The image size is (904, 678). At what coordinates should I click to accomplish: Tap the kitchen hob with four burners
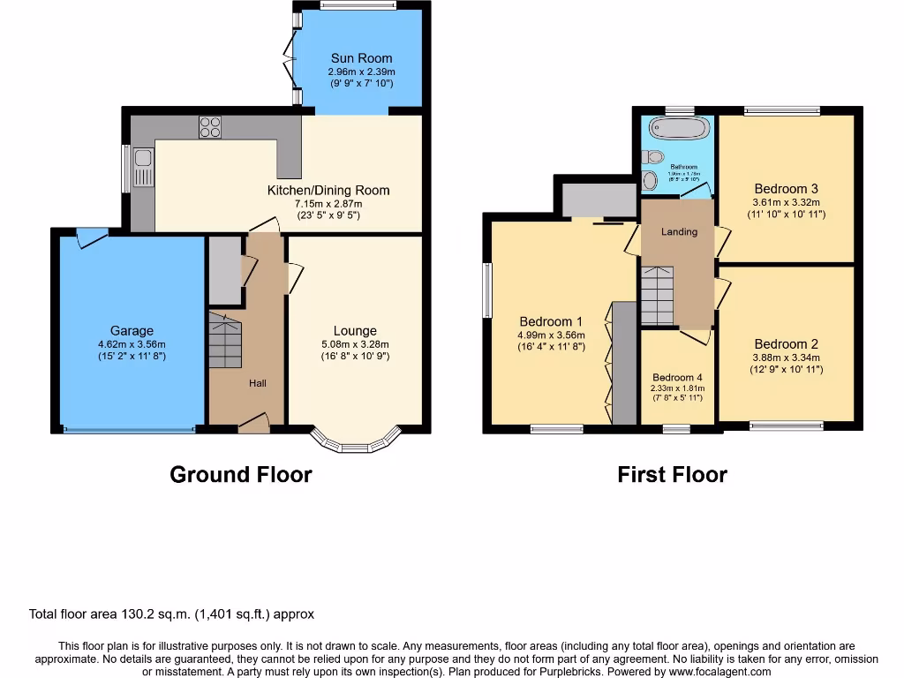click(x=210, y=127)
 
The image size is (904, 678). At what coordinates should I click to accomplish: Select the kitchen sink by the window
click(x=143, y=169)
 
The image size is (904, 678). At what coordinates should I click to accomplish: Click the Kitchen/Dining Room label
click(x=328, y=190)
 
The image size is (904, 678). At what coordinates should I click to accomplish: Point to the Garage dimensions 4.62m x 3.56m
click(x=131, y=344)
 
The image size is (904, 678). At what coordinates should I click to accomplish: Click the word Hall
click(x=257, y=383)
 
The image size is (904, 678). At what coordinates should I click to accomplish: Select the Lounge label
click(x=355, y=331)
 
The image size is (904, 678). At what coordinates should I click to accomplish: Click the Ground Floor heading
click(x=240, y=475)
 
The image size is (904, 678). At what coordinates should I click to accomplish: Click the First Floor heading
click(x=672, y=475)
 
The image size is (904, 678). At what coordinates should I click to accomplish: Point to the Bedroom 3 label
click(x=786, y=188)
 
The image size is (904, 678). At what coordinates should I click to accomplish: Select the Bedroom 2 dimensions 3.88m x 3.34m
click(x=786, y=358)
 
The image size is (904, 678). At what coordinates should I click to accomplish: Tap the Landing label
click(x=679, y=231)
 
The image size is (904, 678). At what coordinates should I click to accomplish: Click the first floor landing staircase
click(x=657, y=296)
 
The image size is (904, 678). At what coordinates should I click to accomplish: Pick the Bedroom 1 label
click(x=551, y=321)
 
